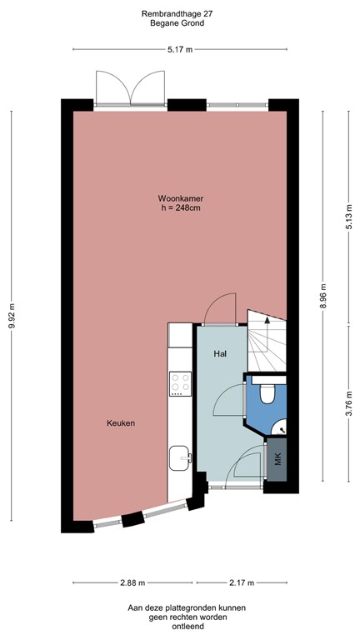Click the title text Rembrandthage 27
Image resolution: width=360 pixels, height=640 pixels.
[179, 13]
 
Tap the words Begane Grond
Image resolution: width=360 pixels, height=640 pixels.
[179, 23]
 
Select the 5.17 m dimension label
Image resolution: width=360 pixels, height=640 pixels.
[180, 50]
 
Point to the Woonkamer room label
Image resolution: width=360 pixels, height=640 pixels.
[181, 198]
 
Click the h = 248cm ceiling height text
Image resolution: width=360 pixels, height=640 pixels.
[181, 208]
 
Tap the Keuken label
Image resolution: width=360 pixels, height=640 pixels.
[121, 423]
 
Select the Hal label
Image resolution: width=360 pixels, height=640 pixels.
[220, 354]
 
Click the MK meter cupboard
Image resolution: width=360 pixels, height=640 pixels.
[277, 459]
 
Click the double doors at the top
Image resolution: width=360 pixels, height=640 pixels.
[131, 88]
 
